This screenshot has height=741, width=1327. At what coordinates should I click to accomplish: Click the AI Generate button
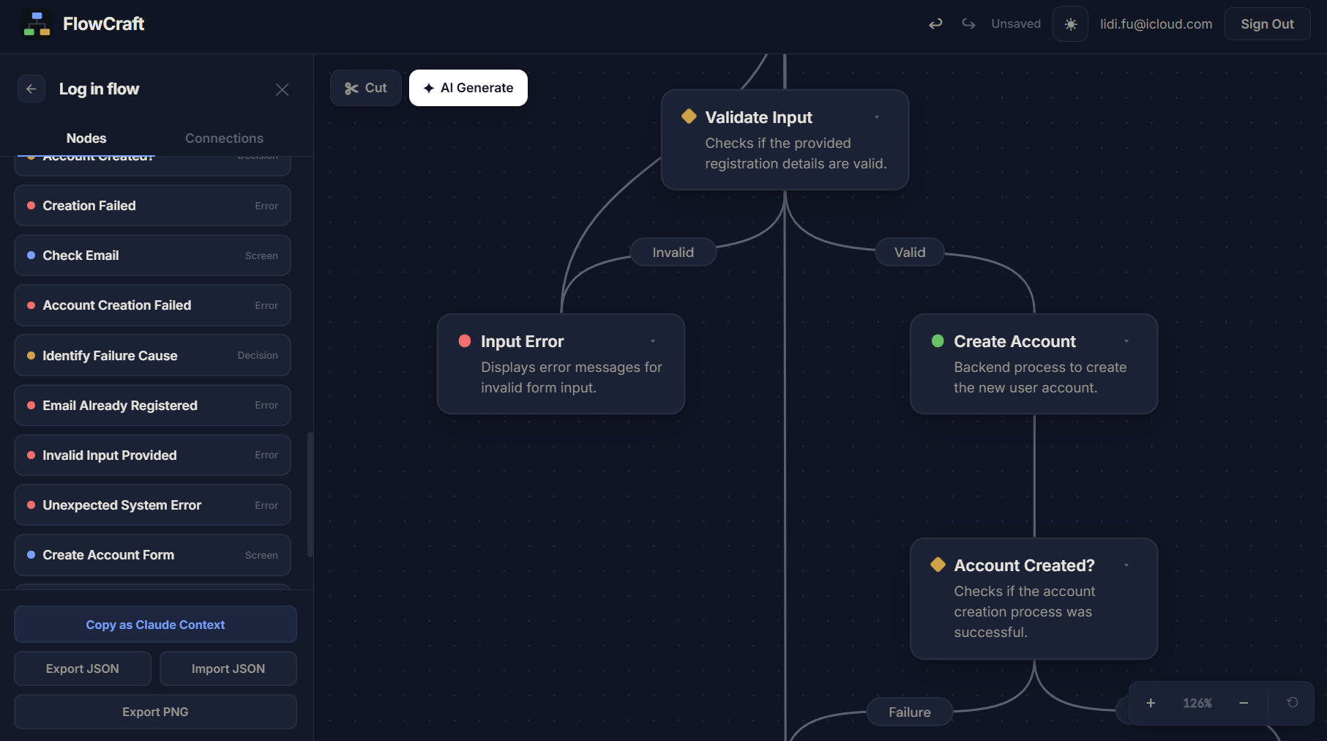pos(468,88)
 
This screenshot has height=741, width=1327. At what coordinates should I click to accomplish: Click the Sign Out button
pos(1267,24)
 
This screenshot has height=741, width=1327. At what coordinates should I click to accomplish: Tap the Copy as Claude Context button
pos(155,625)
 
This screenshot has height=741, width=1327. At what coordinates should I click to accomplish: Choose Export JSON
pos(83,669)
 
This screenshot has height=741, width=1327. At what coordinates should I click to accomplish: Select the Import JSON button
pos(228,669)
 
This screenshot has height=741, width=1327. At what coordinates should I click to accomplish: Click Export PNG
pos(155,712)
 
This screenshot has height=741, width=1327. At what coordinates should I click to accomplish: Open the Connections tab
pos(224,138)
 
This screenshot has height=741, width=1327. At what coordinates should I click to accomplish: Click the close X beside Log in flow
pos(282,89)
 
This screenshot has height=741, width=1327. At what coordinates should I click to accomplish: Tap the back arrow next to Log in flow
pos(31,89)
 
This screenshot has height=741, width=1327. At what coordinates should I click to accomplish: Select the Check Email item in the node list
pos(152,256)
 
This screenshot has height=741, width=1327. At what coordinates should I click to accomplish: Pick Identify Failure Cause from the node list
pos(152,355)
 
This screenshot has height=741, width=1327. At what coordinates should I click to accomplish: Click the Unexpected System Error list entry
pos(152,505)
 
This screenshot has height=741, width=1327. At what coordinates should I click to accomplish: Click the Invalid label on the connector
pos(673,253)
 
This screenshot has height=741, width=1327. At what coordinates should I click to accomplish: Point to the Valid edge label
pos(910,253)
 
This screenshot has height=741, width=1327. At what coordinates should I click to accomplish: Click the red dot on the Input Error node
pos(465,341)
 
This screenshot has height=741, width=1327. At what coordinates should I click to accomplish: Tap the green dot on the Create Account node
pos(938,341)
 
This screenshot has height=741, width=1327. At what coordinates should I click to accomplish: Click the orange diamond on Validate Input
pos(689,116)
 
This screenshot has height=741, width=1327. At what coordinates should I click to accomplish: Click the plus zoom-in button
pos(1151,703)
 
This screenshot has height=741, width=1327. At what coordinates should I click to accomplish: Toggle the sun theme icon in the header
pos(1070,24)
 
